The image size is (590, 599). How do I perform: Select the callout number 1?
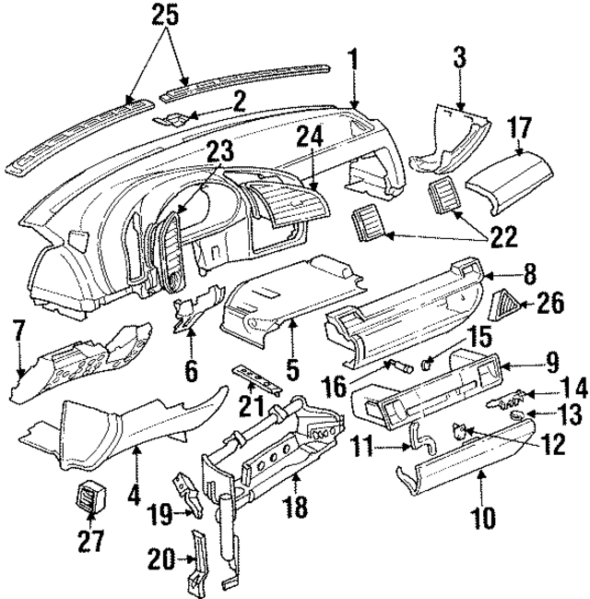pyautogui.click(x=352, y=63)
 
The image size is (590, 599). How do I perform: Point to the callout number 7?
pyautogui.click(x=17, y=329)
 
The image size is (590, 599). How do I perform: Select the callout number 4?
pyautogui.click(x=136, y=496)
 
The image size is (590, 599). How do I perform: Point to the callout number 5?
pyautogui.click(x=292, y=369)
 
